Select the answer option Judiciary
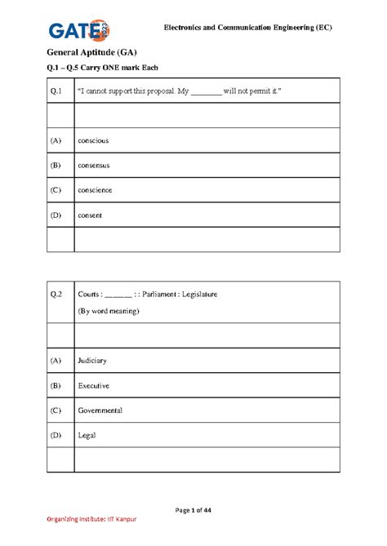coord(92,360)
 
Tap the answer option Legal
coord(87,435)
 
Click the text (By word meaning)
coord(112,311)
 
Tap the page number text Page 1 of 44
coord(193,510)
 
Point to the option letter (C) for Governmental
coord(56,410)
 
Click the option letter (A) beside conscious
coord(56,140)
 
